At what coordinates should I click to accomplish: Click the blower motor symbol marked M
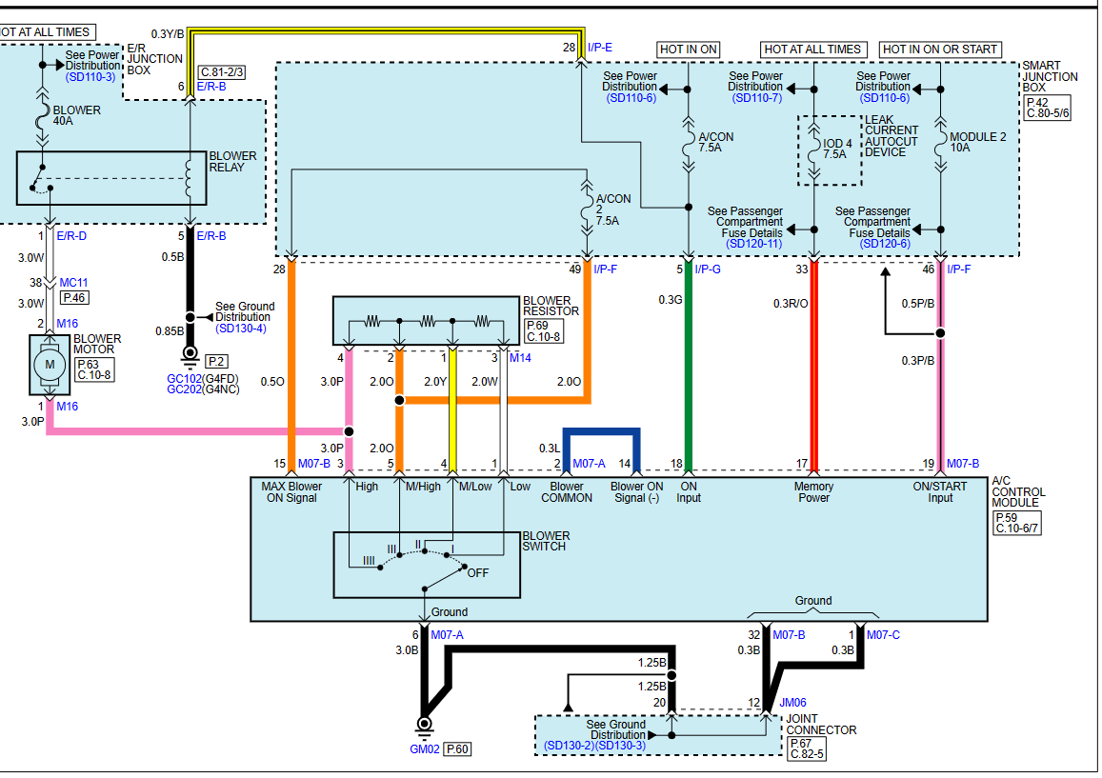50,365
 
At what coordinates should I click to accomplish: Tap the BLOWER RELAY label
232,162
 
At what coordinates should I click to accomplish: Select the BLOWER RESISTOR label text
551,306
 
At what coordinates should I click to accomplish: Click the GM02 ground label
425,749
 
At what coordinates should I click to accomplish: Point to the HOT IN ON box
688,50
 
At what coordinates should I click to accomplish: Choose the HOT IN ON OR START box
940,50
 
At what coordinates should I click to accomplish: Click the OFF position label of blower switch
478,572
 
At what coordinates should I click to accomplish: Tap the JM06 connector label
792,702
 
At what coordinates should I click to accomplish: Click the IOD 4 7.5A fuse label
837,149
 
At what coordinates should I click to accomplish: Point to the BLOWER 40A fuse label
76,115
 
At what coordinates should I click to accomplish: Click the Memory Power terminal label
813,492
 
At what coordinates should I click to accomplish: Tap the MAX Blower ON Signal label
291,492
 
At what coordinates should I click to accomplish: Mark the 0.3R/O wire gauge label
791,304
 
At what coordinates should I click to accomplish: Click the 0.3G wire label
671,300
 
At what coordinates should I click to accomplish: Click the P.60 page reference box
457,749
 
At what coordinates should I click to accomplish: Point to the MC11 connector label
73,283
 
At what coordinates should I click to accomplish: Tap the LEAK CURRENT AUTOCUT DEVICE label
892,135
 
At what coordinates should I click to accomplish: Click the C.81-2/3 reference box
222,71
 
